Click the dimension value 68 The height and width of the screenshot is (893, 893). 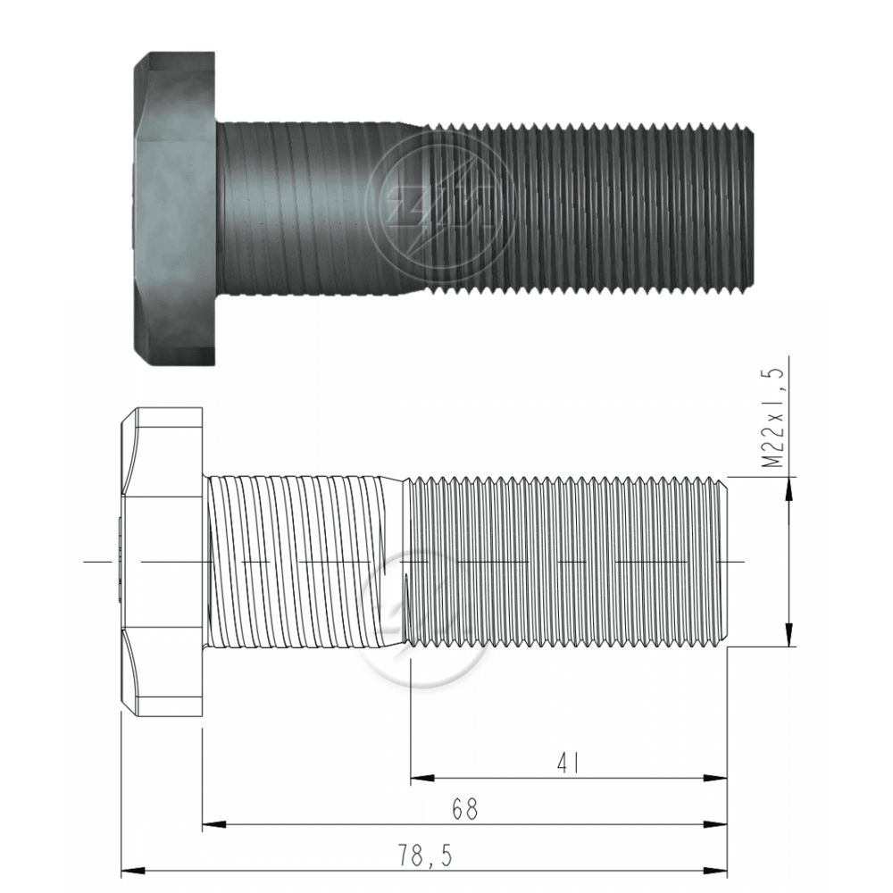(x=464, y=810)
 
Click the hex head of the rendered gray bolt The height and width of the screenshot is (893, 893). (x=174, y=207)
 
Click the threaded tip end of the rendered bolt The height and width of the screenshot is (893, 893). (x=748, y=207)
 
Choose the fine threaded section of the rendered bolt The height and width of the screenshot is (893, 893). (x=580, y=207)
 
